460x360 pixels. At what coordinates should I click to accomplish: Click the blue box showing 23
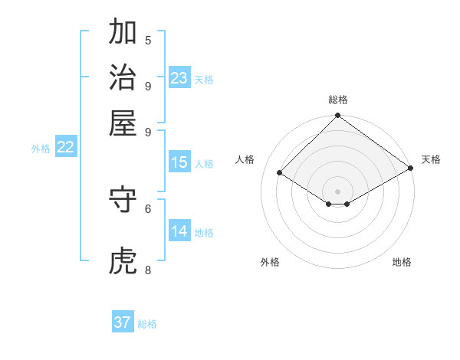(179, 77)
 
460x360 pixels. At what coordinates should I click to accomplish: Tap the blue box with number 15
(179, 162)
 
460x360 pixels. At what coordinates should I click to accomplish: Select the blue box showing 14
(179, 231)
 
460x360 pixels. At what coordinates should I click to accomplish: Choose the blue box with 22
(65, 147)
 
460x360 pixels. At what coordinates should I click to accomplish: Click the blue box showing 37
(123, 322)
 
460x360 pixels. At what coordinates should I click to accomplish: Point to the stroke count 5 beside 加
(148, 41)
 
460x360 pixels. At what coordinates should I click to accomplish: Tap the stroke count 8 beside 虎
(148, 270)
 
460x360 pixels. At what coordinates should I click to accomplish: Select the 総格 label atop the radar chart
(338, 100)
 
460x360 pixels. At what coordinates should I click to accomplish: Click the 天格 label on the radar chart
(431, 159)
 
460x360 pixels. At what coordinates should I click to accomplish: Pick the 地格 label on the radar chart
(402, 262)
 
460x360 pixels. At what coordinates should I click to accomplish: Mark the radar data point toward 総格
(338, 116)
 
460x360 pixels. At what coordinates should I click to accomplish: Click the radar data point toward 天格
(411, 168)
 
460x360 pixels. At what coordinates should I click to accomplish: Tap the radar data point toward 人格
(280, 173)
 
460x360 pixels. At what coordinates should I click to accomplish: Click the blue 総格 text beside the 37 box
(147, 324)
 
